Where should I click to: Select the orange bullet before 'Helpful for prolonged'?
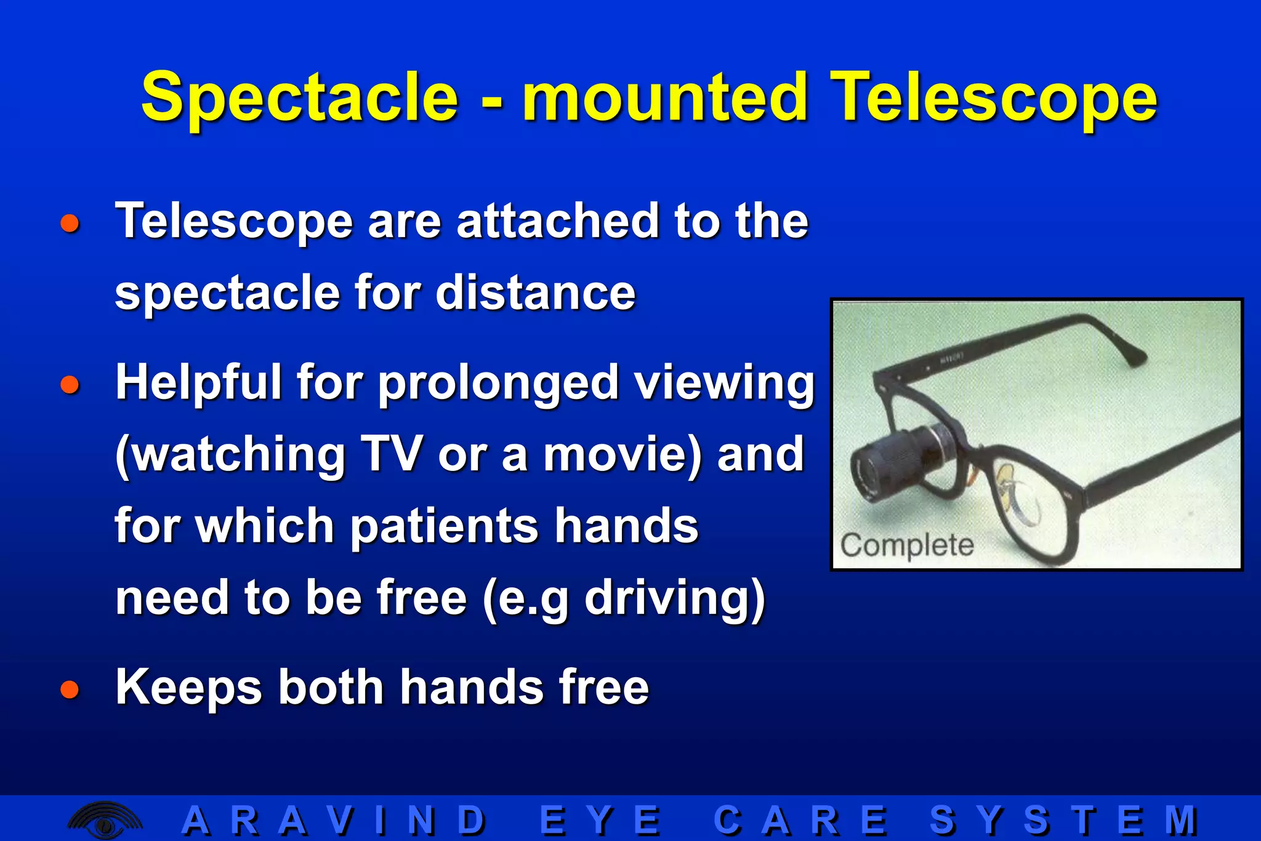coord(70,385)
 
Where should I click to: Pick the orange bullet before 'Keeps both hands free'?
coord(70,689)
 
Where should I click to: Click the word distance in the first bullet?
coord(535,293)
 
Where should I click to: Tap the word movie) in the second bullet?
coord(622,454)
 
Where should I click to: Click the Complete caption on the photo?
coord(907,545)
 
